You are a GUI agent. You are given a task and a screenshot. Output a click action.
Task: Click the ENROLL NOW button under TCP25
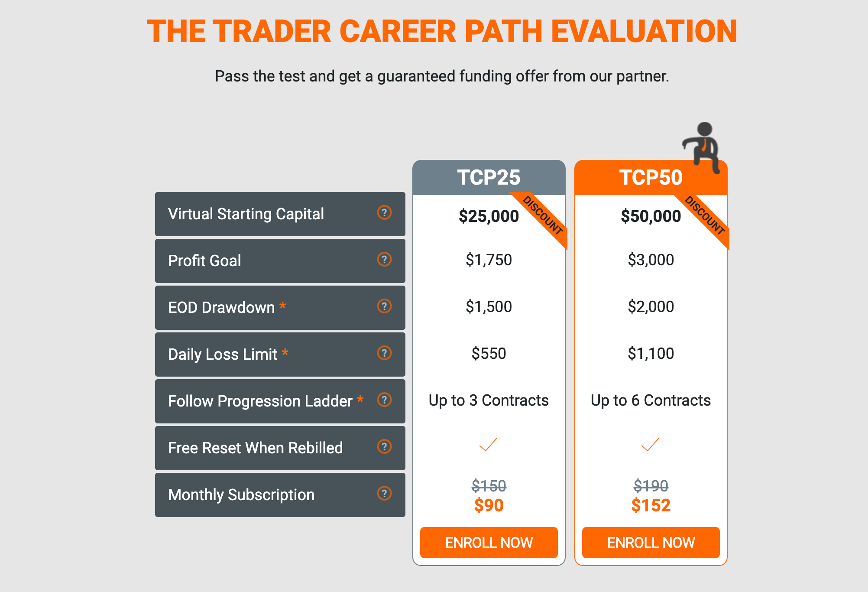point(489,542)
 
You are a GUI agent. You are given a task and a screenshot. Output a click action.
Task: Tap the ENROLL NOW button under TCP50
point(651,542)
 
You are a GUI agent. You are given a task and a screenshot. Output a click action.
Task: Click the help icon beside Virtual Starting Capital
point(384,212)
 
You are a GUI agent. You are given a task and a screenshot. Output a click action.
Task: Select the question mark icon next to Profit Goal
point(384,259)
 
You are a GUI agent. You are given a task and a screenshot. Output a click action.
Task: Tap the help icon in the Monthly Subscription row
point(384,493)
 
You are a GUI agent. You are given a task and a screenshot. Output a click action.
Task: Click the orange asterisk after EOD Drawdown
point(282,306)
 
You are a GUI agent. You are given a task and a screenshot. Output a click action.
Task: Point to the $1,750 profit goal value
point(489,260)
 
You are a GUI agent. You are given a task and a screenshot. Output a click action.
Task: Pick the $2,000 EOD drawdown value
point(651,307)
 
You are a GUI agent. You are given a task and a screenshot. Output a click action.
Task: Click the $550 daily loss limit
point(489,354)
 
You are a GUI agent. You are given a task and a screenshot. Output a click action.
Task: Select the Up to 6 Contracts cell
point(651,400)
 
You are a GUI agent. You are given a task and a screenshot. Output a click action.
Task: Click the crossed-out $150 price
point(489,486)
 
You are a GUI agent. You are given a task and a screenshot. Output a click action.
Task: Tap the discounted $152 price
point(651,505)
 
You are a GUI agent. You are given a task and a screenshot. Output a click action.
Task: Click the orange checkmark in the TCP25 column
point(488,445)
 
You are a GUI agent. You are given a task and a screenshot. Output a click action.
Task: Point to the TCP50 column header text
point(651,177)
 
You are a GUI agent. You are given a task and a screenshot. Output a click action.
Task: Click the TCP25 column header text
point(489,177)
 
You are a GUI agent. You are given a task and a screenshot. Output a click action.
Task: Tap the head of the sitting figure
point(705,129)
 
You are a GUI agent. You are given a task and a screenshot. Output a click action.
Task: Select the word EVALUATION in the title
point(644,32)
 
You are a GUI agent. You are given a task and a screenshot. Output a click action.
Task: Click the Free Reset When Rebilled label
point(256,448)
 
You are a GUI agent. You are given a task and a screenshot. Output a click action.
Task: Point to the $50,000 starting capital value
point(651,216)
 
